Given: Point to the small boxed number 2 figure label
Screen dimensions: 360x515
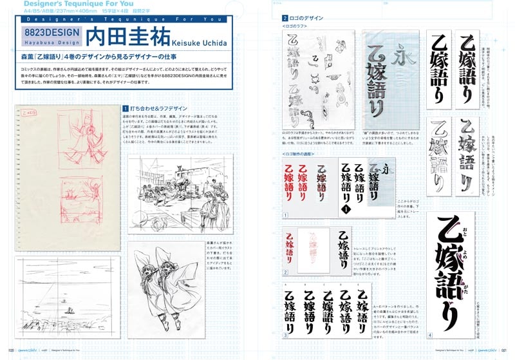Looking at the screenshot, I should [285, 273].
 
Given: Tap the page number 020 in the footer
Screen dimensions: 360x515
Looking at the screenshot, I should [11, 352].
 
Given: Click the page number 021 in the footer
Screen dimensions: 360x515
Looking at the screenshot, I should [503, 352].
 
